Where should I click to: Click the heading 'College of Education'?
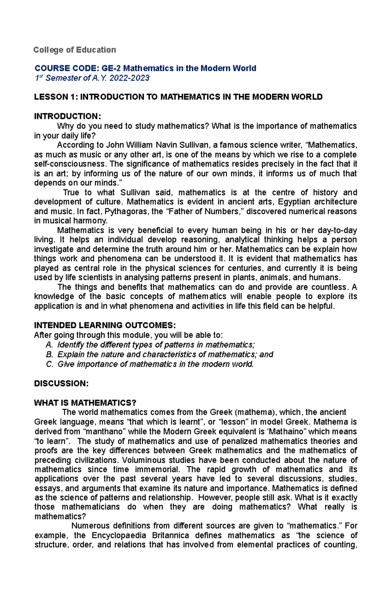75,50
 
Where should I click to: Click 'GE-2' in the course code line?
111,68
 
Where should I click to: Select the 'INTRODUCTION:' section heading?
67,116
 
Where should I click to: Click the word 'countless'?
329,287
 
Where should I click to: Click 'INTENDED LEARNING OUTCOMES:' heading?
105,325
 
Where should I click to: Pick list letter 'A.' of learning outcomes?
49,345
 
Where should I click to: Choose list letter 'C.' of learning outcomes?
49,364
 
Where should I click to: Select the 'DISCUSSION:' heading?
61,383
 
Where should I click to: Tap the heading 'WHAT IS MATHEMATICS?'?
85,403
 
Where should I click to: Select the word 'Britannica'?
170,536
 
